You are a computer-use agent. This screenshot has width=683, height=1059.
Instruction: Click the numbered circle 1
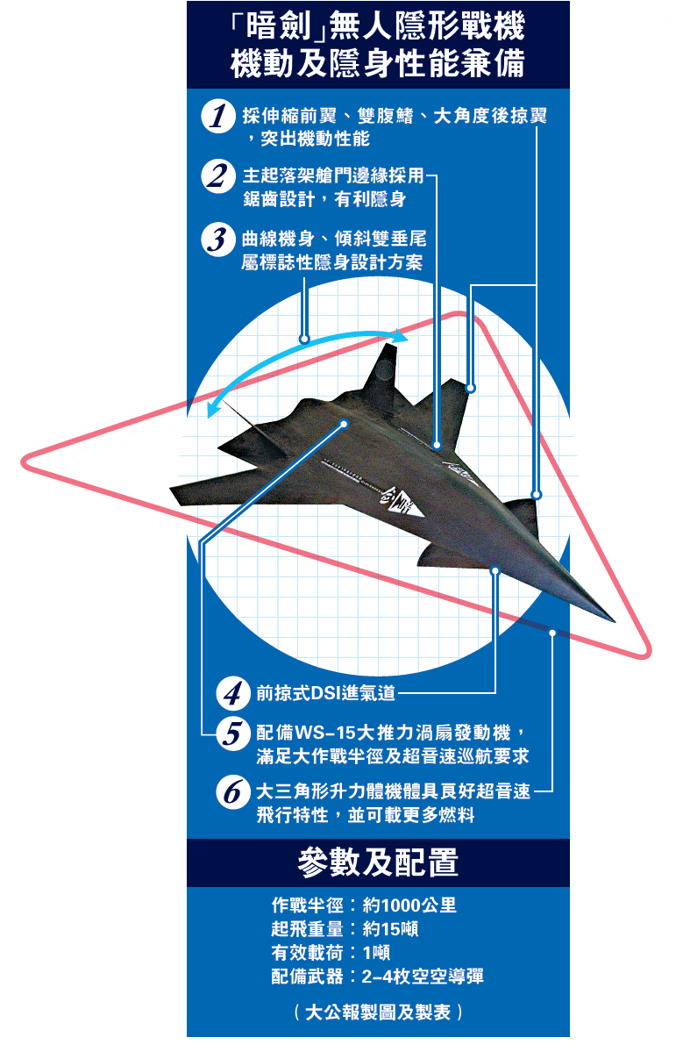point(218,116)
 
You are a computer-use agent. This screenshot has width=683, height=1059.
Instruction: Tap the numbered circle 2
point(218,175)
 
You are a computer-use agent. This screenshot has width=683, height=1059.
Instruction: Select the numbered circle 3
point(218,240)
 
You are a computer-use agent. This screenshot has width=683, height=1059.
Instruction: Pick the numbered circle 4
point(233,693)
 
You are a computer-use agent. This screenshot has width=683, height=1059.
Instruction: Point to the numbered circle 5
point(233,734)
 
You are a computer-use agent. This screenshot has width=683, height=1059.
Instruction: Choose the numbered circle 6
point(233,792)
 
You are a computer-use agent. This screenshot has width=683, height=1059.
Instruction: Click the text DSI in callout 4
point(326,693)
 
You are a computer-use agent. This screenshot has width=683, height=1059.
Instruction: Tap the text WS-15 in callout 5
point(325,733)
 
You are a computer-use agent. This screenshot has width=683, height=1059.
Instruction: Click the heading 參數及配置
point(378,862)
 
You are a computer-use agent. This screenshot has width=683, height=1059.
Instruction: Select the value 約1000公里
point(409,905)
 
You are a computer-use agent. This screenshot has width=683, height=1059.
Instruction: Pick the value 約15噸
point(391,929)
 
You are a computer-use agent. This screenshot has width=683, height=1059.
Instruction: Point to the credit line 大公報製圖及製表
point(378,1012)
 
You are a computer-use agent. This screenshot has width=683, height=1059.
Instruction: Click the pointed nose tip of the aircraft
point(615,621)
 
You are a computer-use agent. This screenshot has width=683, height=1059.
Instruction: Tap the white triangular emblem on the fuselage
point(404,504)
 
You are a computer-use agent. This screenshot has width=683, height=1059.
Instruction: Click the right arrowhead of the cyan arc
point(402,336)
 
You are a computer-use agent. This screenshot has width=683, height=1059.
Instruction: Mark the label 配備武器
point(308,977)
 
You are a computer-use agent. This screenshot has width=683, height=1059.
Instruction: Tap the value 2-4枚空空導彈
point(423,977)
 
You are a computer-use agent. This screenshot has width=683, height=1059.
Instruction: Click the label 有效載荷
point(308,953)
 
